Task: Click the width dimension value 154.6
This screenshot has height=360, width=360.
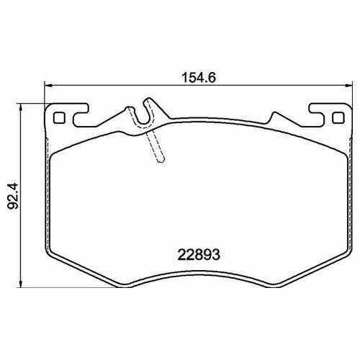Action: [199, 77]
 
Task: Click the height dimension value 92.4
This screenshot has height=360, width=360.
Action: [13, 196]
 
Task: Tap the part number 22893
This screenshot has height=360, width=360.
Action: [199, 255]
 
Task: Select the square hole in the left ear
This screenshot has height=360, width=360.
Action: [59, 118]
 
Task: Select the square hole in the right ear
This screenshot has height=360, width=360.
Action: [338, 118]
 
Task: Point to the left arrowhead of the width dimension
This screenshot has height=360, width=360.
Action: [49, 85]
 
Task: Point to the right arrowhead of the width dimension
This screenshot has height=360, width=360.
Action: [348, 85]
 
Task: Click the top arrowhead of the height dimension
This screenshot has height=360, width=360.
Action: [21, 107]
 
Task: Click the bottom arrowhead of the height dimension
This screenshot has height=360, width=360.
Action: [21, 284]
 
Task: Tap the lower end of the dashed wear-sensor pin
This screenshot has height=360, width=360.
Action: [161, 161]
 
